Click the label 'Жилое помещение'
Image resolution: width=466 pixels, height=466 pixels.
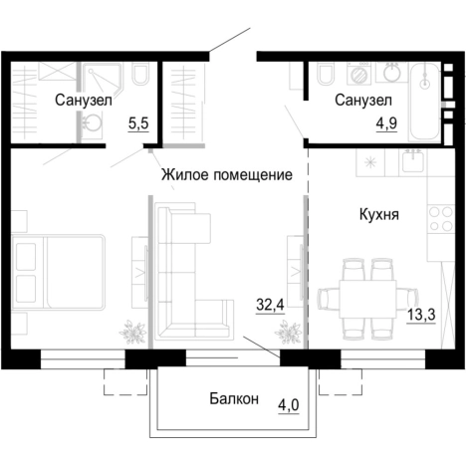pos(227,175)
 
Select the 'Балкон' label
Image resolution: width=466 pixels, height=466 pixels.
pos(234,399)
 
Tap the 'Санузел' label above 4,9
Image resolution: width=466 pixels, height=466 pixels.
pos(362,101)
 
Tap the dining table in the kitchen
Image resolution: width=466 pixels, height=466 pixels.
pos(365,296)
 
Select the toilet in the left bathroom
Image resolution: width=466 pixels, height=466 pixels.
pos(140,78)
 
